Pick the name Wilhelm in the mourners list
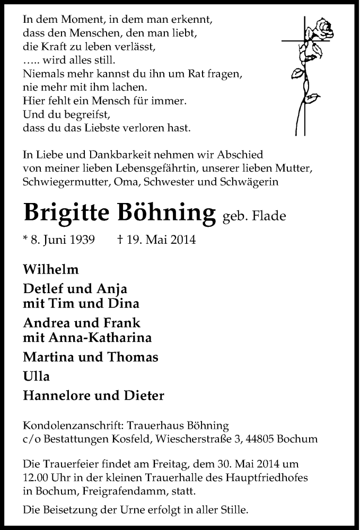coord(51,269)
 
